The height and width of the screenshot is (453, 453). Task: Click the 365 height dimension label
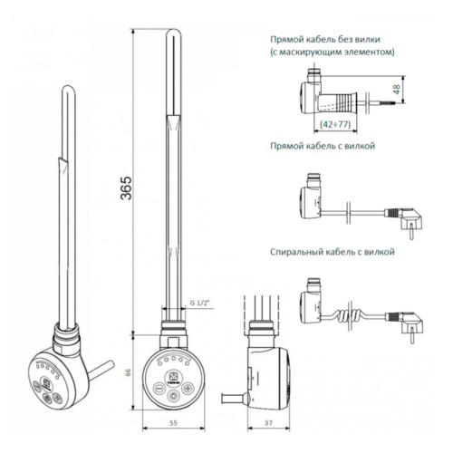point(126,188)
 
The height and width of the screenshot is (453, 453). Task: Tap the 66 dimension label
point(128,371)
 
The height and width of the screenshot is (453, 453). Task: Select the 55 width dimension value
point(173,423)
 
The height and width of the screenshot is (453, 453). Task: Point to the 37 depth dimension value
point(268,423)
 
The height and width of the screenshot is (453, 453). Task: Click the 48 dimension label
point(397,89)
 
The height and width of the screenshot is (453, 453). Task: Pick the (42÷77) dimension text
point(335,124)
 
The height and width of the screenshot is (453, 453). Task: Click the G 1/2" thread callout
point(199,303)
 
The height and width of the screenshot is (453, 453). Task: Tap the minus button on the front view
point(159,388)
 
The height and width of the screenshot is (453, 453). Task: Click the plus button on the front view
point(188,388)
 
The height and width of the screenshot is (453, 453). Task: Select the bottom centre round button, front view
point(174,395)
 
